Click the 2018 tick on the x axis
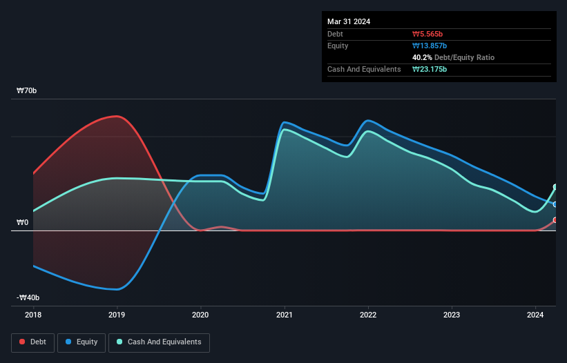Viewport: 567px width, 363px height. point(32,315)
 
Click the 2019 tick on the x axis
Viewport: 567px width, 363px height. point(117,315)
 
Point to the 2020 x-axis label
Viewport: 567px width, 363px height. point(200,315)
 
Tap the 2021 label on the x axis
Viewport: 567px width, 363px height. point(285,315)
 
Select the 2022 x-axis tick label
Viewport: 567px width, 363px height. point(368,315)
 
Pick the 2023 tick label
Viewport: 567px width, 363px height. point(452,315)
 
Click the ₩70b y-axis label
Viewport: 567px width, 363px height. point(28,91)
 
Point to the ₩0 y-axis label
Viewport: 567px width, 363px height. point(23,222)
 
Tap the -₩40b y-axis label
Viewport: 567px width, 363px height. point(28,297)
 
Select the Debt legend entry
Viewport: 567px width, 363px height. point(32,342)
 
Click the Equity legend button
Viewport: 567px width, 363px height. point(81,342)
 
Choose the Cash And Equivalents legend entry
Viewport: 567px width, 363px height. point(159,342)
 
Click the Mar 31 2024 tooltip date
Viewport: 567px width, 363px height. point(349,21)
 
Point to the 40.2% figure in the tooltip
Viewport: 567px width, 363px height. point(423,57)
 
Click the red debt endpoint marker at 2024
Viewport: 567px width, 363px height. point(555,220)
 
